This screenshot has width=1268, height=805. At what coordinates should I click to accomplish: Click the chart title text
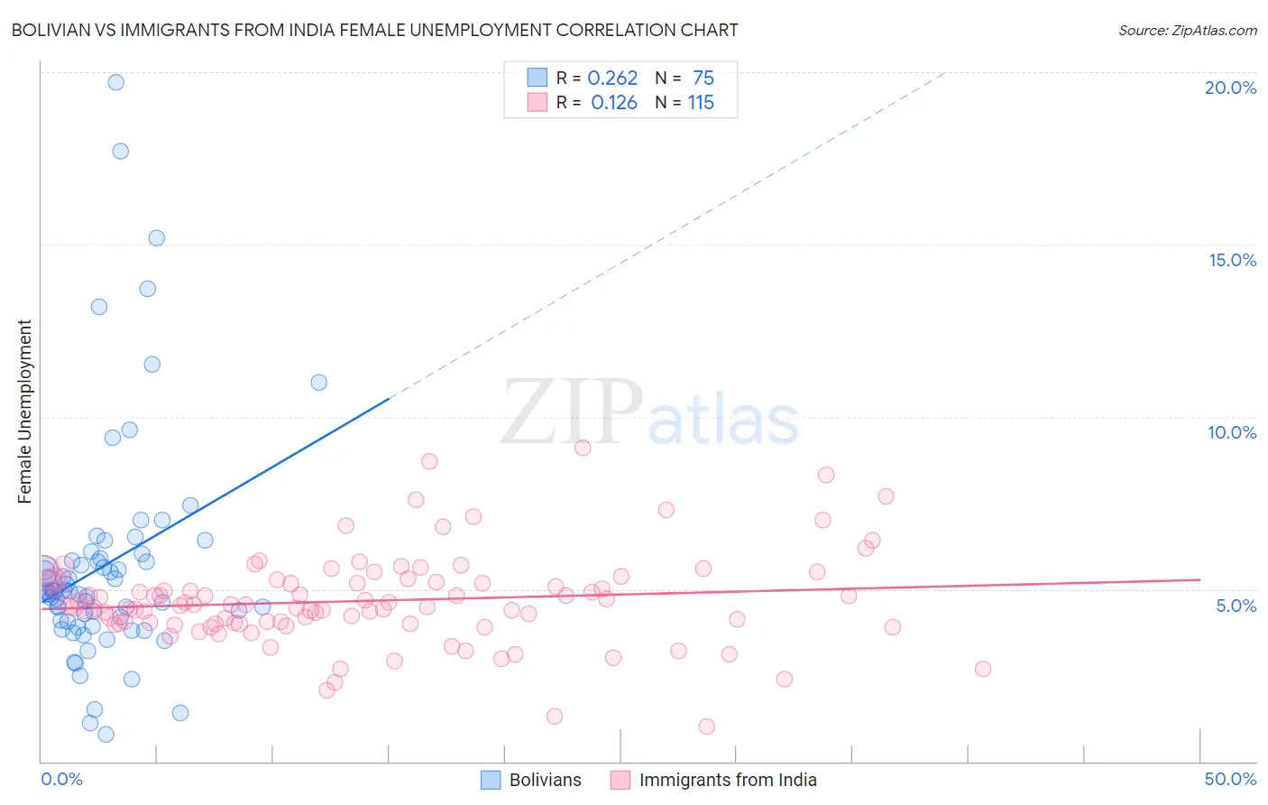tap(374, 30)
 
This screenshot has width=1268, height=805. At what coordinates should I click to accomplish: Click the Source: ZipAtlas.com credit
tap(1187, 30)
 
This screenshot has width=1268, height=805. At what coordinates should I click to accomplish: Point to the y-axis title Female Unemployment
tap(24, 411)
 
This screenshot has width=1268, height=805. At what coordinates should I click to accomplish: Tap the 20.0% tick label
tap(1230, 88)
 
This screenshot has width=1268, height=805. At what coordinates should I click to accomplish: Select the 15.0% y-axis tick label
tap(1232, 260)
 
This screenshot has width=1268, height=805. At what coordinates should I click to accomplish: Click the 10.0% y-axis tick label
tap(1232, 432)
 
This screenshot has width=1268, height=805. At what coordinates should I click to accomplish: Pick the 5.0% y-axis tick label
tap(1236, 606)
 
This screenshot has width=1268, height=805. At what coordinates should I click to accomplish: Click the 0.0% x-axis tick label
tap(61, 779)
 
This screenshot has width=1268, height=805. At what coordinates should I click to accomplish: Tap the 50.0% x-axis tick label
tap(1230, 779)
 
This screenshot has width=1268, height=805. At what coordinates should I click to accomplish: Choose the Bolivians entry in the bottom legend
tap(545, 780)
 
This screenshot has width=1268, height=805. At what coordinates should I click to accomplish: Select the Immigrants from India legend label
tap(727, 780)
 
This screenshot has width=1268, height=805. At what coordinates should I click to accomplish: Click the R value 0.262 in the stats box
tap(612, 79)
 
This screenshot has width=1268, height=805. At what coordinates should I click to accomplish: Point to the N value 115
tap(701, 103)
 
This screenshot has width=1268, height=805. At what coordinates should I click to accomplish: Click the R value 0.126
tap(613, 103)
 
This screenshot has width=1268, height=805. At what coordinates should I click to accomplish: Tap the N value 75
tap(703, 79)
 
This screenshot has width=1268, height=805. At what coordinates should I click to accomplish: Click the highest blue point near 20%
tap(116, 82)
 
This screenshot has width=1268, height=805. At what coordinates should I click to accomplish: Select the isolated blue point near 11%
tap(318, 383)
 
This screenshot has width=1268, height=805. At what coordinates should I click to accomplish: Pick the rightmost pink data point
tap(983, 669)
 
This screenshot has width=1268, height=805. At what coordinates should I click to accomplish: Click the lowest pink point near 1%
tap(706, 726)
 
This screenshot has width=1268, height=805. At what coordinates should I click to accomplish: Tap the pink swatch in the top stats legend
tap(537, 102)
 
